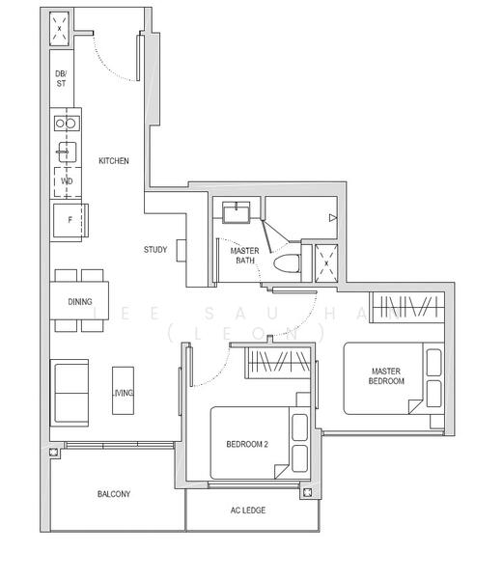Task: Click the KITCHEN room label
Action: tap(113, 161)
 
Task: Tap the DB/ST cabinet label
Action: tap(61, 78)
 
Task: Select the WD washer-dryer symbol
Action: tap(66, 180)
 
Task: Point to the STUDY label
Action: tap(154, 250)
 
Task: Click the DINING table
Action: tap(79, 301)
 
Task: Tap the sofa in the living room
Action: tap(70, 393)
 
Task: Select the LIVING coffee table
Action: tap(122, 391)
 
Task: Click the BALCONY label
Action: tap(113, 494)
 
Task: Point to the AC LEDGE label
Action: tap(248, 510)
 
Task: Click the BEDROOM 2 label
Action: tap(248, 445)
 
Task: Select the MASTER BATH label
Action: tap(243, 256)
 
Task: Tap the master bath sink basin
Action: tap(236, 211)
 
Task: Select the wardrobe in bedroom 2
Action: tap(279, 363)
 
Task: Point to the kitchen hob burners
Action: tap(66, 123)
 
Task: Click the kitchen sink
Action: tap(65, 152)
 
